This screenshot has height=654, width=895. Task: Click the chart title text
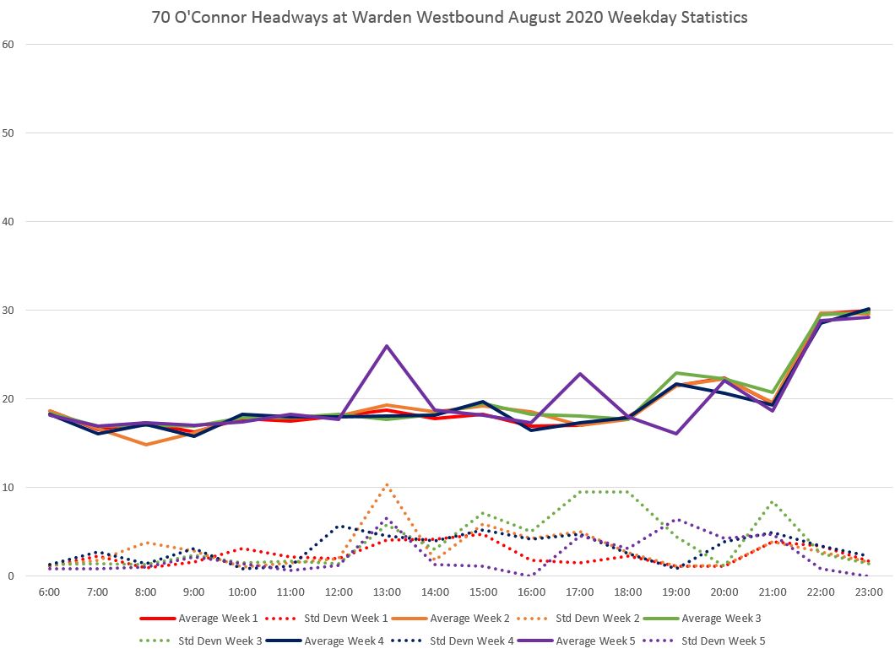[448, 18]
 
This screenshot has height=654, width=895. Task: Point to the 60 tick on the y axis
[8, 44]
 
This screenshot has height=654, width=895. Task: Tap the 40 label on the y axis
[8, 221]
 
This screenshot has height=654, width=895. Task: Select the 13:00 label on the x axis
[387, 593]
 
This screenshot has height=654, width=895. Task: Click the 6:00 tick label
[49, 593]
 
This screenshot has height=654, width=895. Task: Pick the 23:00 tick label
[869, 593]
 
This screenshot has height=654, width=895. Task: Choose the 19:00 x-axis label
[676, 593]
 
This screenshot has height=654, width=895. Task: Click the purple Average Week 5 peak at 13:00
[387, 346]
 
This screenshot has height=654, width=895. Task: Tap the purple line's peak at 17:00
[580, 374]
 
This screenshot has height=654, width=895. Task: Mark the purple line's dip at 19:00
[676, 434]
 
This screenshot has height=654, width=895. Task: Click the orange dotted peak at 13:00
[387, 484]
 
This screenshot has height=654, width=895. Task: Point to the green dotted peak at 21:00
[773, 502]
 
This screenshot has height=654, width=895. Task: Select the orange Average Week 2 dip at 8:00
[146, 445]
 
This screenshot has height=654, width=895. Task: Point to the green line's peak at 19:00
[676, 373]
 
